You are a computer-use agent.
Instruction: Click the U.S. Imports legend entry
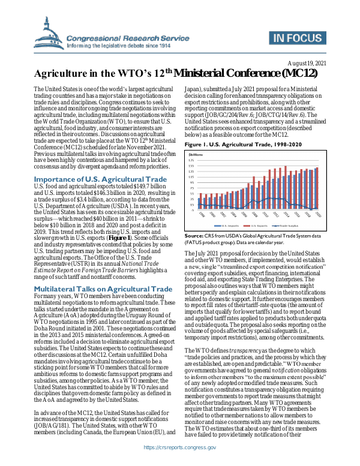(x=229, y=225)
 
